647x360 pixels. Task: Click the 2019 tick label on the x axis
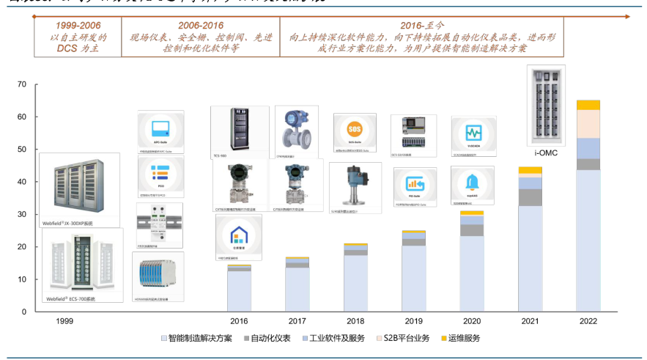(413, 321)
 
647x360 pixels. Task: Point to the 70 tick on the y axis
(22, 84)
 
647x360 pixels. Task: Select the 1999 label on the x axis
(65, 321)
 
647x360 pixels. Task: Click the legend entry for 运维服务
(459, 338)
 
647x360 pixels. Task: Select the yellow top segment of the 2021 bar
(530, 170)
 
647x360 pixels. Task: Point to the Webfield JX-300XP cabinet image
(79, 184)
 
